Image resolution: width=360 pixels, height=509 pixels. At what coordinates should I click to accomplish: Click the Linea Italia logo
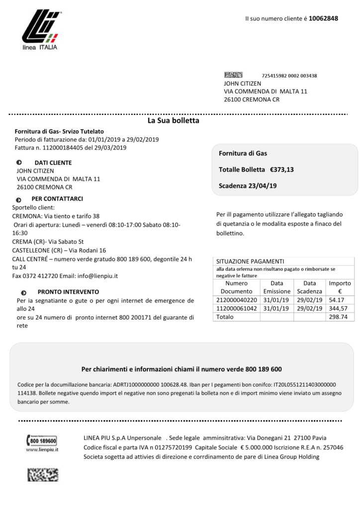tap(40, 29)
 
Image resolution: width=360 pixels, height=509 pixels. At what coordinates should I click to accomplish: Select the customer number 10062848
tap(323, 18)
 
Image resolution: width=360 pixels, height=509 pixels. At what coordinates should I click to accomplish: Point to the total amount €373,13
tap(282, 170)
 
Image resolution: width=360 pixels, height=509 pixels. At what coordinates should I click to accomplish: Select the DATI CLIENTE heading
tap(53, 163)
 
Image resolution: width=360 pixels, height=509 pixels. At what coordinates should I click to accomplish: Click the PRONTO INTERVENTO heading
tap(68, 292)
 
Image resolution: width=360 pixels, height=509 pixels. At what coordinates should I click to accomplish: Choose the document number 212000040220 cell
tap(236, 300)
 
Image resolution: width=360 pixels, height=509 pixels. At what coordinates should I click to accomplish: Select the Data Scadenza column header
tap(309, 287)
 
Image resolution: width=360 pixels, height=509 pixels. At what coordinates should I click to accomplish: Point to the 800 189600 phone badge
tap(42, 440)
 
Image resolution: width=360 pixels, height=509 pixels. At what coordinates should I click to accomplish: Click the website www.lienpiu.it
tap(42, 449)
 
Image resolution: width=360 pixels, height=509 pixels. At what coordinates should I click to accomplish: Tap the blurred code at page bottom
tap(42, 474)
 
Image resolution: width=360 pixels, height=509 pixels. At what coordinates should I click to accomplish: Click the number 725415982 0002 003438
tap(289, 76)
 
